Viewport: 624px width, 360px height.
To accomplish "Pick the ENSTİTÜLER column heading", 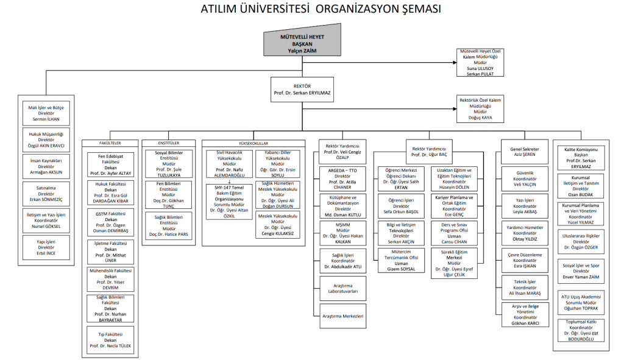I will pyautogui.click(x=168, y=143).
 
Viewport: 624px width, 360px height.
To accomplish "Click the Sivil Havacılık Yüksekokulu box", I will pyautogui.click(x=230, y=163).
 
